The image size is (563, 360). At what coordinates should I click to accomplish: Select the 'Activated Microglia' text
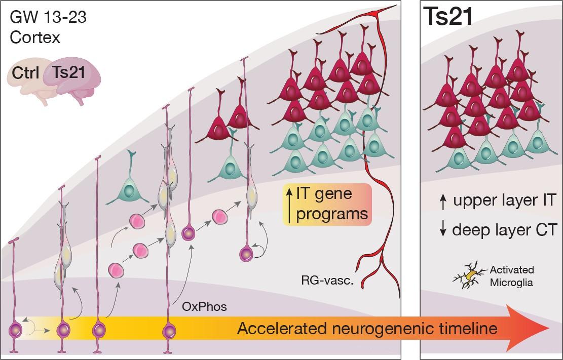512,276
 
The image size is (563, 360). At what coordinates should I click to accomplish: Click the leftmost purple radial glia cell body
17,332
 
